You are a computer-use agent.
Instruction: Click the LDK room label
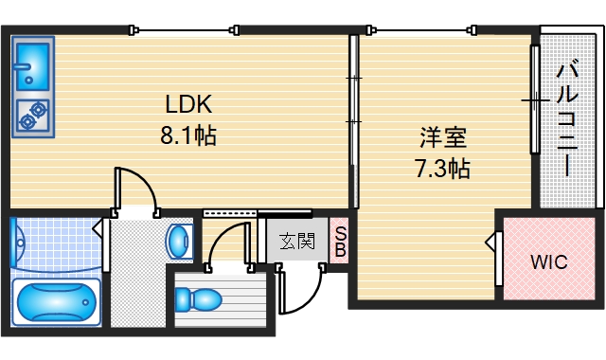coord(188,103)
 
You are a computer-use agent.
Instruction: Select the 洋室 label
coord(443,137)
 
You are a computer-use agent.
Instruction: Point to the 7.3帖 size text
coord(443,170)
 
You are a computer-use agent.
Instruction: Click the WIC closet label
coord(548,262)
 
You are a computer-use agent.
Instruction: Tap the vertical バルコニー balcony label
coord(567,119)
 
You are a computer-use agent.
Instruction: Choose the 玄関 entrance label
coord(296,241)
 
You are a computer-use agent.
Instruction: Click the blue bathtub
coord(58,302)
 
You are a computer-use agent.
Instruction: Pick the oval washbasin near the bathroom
coord(178,241)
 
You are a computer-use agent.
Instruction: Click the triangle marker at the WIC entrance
coord(491,244)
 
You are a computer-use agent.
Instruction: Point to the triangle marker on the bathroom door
coord(98,227)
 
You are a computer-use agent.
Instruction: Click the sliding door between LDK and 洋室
coord(354,121)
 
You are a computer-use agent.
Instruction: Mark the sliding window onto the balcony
coord(534,99)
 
